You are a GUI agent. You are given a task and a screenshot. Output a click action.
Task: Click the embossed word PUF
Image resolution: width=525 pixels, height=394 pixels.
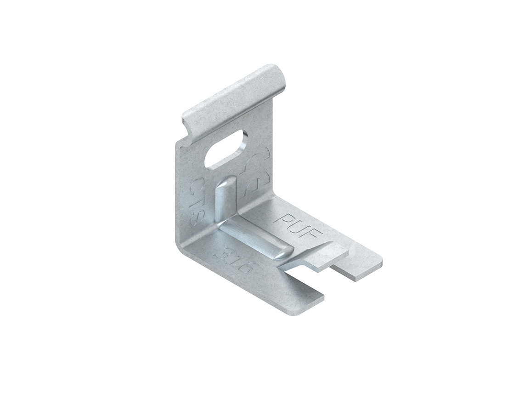click(x=299, y=224)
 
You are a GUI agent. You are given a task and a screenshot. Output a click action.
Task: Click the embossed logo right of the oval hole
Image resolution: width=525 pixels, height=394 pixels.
click(x=256, y=172)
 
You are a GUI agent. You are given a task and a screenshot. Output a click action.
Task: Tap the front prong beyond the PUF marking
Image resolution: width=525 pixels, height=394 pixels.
click(x=361, y=267)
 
